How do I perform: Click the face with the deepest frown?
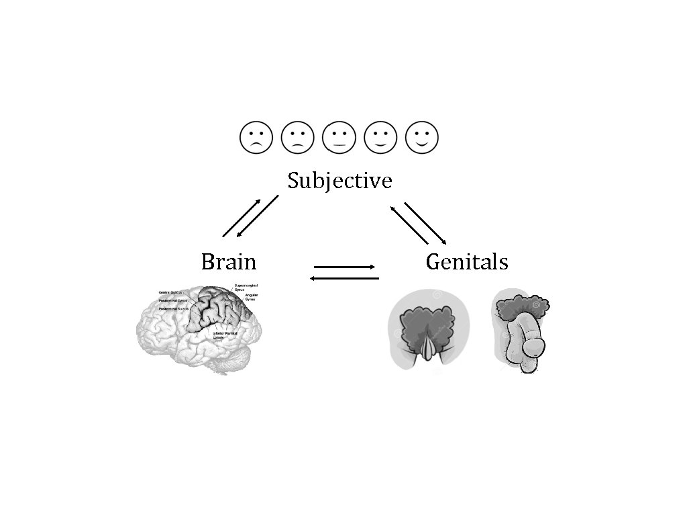(x=256, y=138)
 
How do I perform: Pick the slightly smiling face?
(x=380, y=138)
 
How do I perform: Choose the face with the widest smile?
(x=422, y=138)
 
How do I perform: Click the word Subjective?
(x=339, y=181)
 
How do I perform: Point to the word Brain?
(x=228, y=261)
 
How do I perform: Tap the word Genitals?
(x=467, y=261)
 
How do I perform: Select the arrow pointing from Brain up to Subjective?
(x=240, y=218)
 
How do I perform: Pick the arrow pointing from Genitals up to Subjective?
(x=410, y=224)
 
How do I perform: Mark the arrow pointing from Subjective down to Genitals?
(x=425, y=222)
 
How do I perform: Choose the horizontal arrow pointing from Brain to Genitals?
(x=345, y=267)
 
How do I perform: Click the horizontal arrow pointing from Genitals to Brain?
(x=344, y=277)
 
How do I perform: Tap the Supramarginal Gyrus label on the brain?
(x=246, y=288)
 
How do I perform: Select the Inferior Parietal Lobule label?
(x=225, y=335)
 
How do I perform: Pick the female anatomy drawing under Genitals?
(x=428, y=329)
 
